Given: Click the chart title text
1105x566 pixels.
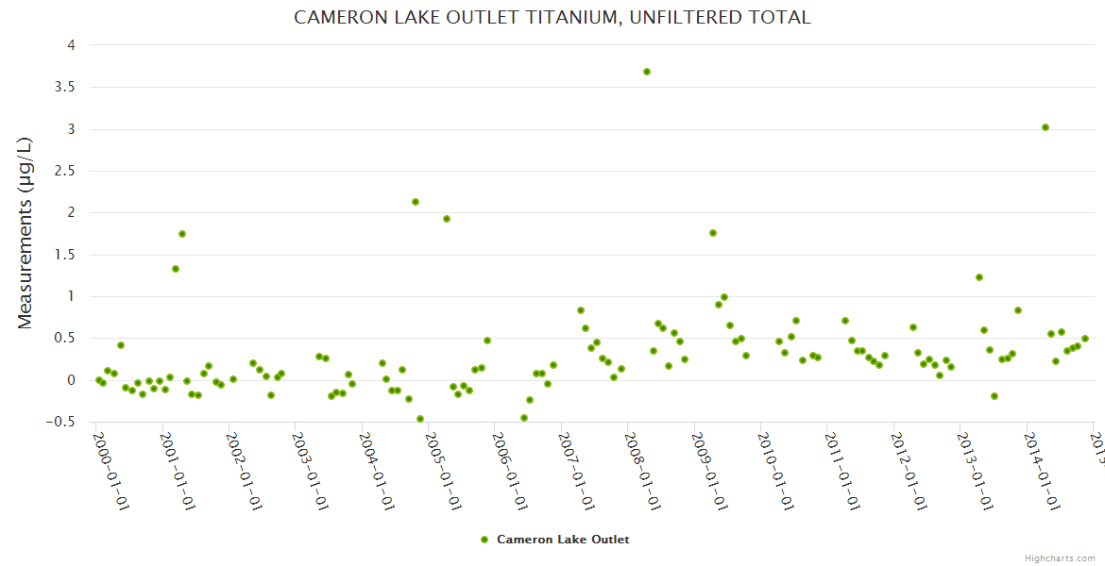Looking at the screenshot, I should pyautogui.click(x=552, y=17).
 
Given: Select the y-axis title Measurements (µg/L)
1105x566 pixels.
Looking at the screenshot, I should pyautogui.click(x=25, y=232).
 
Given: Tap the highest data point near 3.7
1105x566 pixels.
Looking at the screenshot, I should pyautogui.click(x=647, y=72).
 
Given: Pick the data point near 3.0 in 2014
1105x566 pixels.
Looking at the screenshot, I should pyautogui.click(x=1045, y=127).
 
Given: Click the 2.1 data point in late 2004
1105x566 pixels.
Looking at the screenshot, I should pyautogui.click(x=416, y=202).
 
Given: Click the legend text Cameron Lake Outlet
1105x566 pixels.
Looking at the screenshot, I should pyautogui.click(x=563, y=540).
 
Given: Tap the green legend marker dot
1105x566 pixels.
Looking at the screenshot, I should pyautogui.click(x=485, y=540).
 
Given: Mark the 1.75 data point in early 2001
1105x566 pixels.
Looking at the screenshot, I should pyautogui.click(x=182, y=234).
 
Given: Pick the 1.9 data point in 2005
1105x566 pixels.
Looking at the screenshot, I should pyautogui.click(x=447, y=219).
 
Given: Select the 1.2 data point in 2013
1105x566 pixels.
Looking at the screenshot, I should pyautogui.click(x=979, y=277).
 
